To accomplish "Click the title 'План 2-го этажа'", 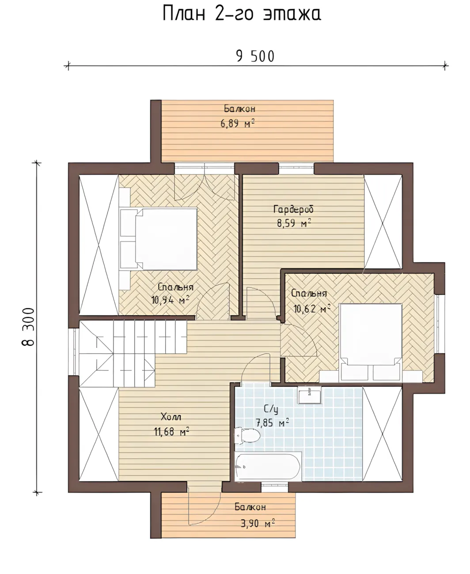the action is (x=242, y=14).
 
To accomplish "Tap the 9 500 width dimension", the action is (x=255, y=57).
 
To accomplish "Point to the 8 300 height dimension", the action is (x=28, y=327).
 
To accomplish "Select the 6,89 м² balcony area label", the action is (x=238, y=124).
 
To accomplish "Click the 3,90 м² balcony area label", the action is (x=258, y=523).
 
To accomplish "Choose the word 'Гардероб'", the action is (x=294, y=210).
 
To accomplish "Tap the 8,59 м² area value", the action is (x=294, y=223).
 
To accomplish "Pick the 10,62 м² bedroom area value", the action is (x=312, y=309).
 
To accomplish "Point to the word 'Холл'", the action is (x=171, y=425).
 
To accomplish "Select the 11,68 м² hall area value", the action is (x=171, y=439).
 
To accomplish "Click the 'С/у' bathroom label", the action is (x=271, y=416).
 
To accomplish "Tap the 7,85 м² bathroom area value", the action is (x=272, y=430).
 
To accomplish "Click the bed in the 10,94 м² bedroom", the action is (x=159, y=239).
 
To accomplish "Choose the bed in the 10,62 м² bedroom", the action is (x=371, y=342).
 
